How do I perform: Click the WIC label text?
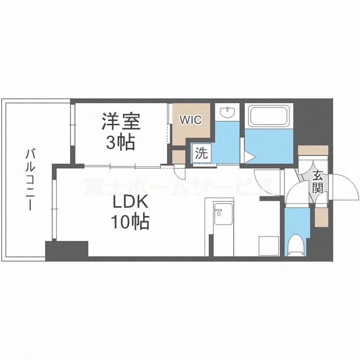point(191,120)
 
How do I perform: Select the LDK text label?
point(129,203)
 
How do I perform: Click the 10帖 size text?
point(130,222)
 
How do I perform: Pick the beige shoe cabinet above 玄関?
point(312,150)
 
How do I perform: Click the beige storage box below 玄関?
point(322,217)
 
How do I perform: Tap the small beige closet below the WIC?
point(178,157)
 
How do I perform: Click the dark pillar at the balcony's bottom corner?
point(67,250)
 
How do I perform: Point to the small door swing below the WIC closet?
point(179,172)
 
